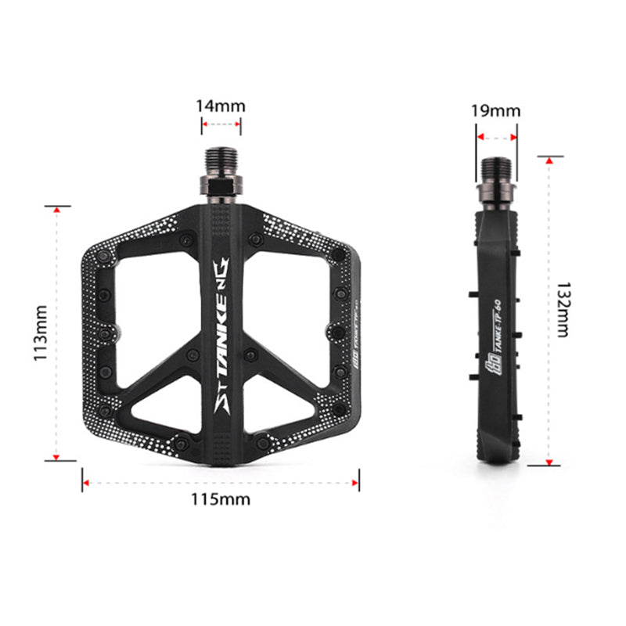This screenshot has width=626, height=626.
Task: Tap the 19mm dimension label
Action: click(495, 111)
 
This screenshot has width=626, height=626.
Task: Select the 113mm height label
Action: click(41, 333)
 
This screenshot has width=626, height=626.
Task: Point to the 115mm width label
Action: click(221, 499)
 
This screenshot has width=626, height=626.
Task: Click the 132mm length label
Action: click(563, 311)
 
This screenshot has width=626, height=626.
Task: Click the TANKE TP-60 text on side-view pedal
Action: click(495, 329)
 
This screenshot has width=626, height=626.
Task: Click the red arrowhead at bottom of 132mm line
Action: click(549, 460)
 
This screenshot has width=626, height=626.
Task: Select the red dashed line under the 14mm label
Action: click(221, 122)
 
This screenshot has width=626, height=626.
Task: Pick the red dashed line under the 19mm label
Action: click(496, 137)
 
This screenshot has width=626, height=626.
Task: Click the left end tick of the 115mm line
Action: click(83, 481)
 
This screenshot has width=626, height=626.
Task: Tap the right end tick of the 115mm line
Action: click(359, 481)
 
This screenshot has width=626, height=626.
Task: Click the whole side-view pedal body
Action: click(495, 329)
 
